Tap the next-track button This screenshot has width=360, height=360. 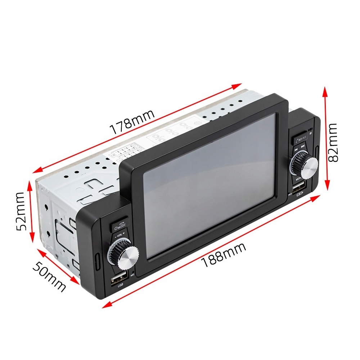pyautogui.click(x=303, y=146)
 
